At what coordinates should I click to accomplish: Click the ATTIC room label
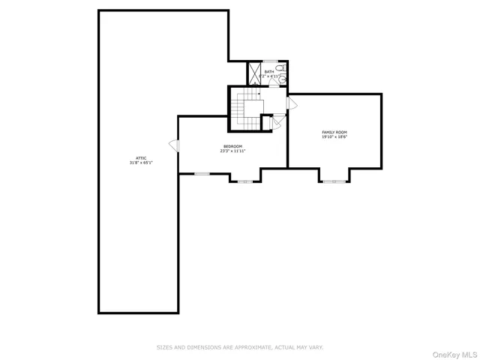139,157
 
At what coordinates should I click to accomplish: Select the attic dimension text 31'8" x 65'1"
139,162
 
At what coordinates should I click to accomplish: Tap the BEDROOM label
232,146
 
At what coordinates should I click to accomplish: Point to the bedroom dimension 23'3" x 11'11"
232,151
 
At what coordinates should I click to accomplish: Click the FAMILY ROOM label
334,132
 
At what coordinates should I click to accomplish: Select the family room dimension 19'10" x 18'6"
334,136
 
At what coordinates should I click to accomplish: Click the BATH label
268,72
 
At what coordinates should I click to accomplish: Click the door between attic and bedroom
174,145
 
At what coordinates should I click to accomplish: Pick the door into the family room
291,103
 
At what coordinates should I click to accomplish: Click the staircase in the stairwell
244,109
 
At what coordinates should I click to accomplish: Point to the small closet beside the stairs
265,122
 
